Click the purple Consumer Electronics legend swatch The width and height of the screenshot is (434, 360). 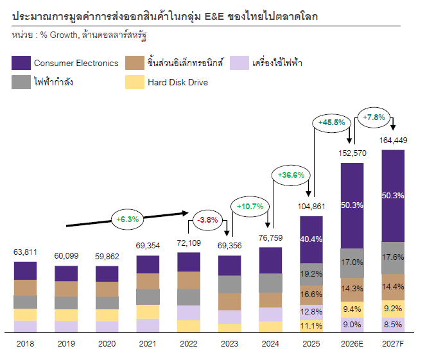point(21,63)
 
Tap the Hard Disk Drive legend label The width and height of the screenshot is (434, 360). point(178,82)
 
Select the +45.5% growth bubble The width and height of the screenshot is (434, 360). point(331,123)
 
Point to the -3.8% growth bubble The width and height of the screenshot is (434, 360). point(207,220)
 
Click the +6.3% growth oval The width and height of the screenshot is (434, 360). point(127,219)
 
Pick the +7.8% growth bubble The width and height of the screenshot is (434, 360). point(374,117)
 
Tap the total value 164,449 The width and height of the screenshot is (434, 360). point(393,141)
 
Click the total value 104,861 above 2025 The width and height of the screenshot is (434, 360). point(311,207)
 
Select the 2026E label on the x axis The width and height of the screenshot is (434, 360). point(352,344)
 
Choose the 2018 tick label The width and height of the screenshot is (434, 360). point(25,344)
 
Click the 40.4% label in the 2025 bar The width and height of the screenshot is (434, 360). point(311,239)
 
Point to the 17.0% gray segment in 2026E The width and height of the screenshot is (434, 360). point(352,263)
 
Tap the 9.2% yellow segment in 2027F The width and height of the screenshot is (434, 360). point(393,309)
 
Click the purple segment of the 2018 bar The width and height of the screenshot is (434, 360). point(25,271)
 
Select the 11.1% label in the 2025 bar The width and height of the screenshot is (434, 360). point(311,326)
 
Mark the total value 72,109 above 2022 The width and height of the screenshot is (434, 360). point(189,243)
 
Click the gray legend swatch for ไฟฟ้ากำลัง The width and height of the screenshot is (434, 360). point(21,82)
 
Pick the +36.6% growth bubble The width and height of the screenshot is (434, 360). point(291,175)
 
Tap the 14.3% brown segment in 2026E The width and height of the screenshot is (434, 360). point(352,289)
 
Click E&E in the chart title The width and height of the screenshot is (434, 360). point(214,17)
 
